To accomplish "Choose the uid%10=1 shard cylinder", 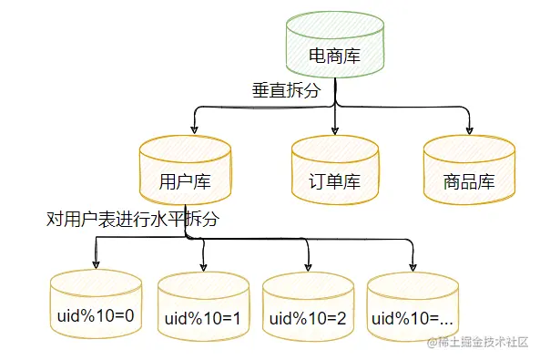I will [x=203, y=310].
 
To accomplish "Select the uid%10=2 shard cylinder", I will [x=308, y=310].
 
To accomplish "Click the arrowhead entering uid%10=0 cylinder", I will [x=96, y=264].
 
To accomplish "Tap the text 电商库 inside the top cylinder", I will [x=334, y=56].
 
